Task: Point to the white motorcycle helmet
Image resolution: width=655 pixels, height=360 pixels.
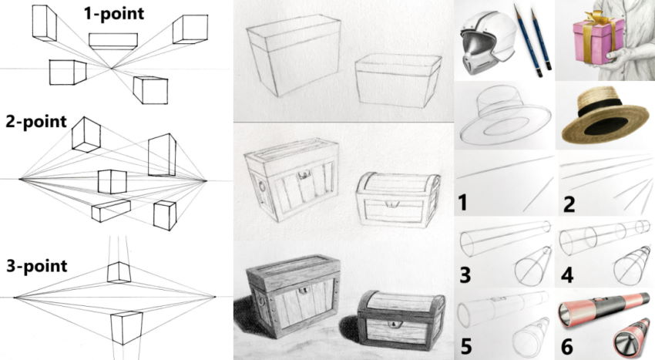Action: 485,42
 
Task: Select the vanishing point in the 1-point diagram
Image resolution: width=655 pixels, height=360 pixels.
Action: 113,69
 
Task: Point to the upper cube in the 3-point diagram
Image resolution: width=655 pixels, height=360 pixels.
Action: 119,271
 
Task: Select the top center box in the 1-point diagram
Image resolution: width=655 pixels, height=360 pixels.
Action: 113,40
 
